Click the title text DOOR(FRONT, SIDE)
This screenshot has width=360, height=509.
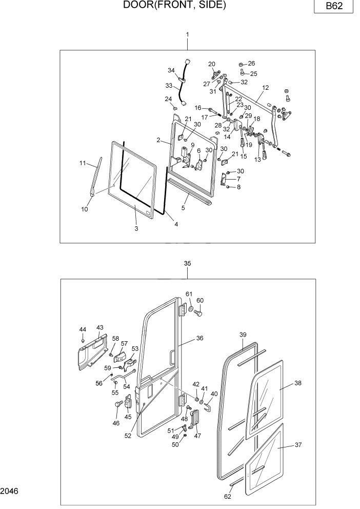click(x=174, y=6)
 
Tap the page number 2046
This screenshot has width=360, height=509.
click(x=10, y=491)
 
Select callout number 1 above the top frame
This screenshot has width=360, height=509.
click(x=187, y=34)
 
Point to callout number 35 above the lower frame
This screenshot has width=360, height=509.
click(x=187, y=263)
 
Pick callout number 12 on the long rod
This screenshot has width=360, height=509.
click(x=265, y=88)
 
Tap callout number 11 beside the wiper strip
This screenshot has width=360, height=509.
click(x=82, y=163)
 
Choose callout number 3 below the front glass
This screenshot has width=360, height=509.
click(x=136, y=228)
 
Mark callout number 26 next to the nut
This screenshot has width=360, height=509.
click(x=251, y=63)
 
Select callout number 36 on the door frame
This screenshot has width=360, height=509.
click(x=200, y=338)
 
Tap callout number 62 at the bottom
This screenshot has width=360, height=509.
click(x=228, y=496)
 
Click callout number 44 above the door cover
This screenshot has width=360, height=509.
click(x=83, y=329)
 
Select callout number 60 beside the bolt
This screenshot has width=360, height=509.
click(x=200, y=301)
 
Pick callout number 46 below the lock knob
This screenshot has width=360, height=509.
click(x=116, y=423)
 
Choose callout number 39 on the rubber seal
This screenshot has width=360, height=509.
click(x=243, y=335)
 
